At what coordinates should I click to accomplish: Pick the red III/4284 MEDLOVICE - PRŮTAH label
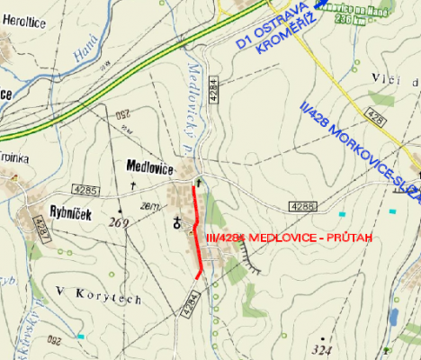287,238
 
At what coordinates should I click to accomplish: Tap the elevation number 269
118,221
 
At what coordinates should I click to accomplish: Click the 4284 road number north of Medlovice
213,89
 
